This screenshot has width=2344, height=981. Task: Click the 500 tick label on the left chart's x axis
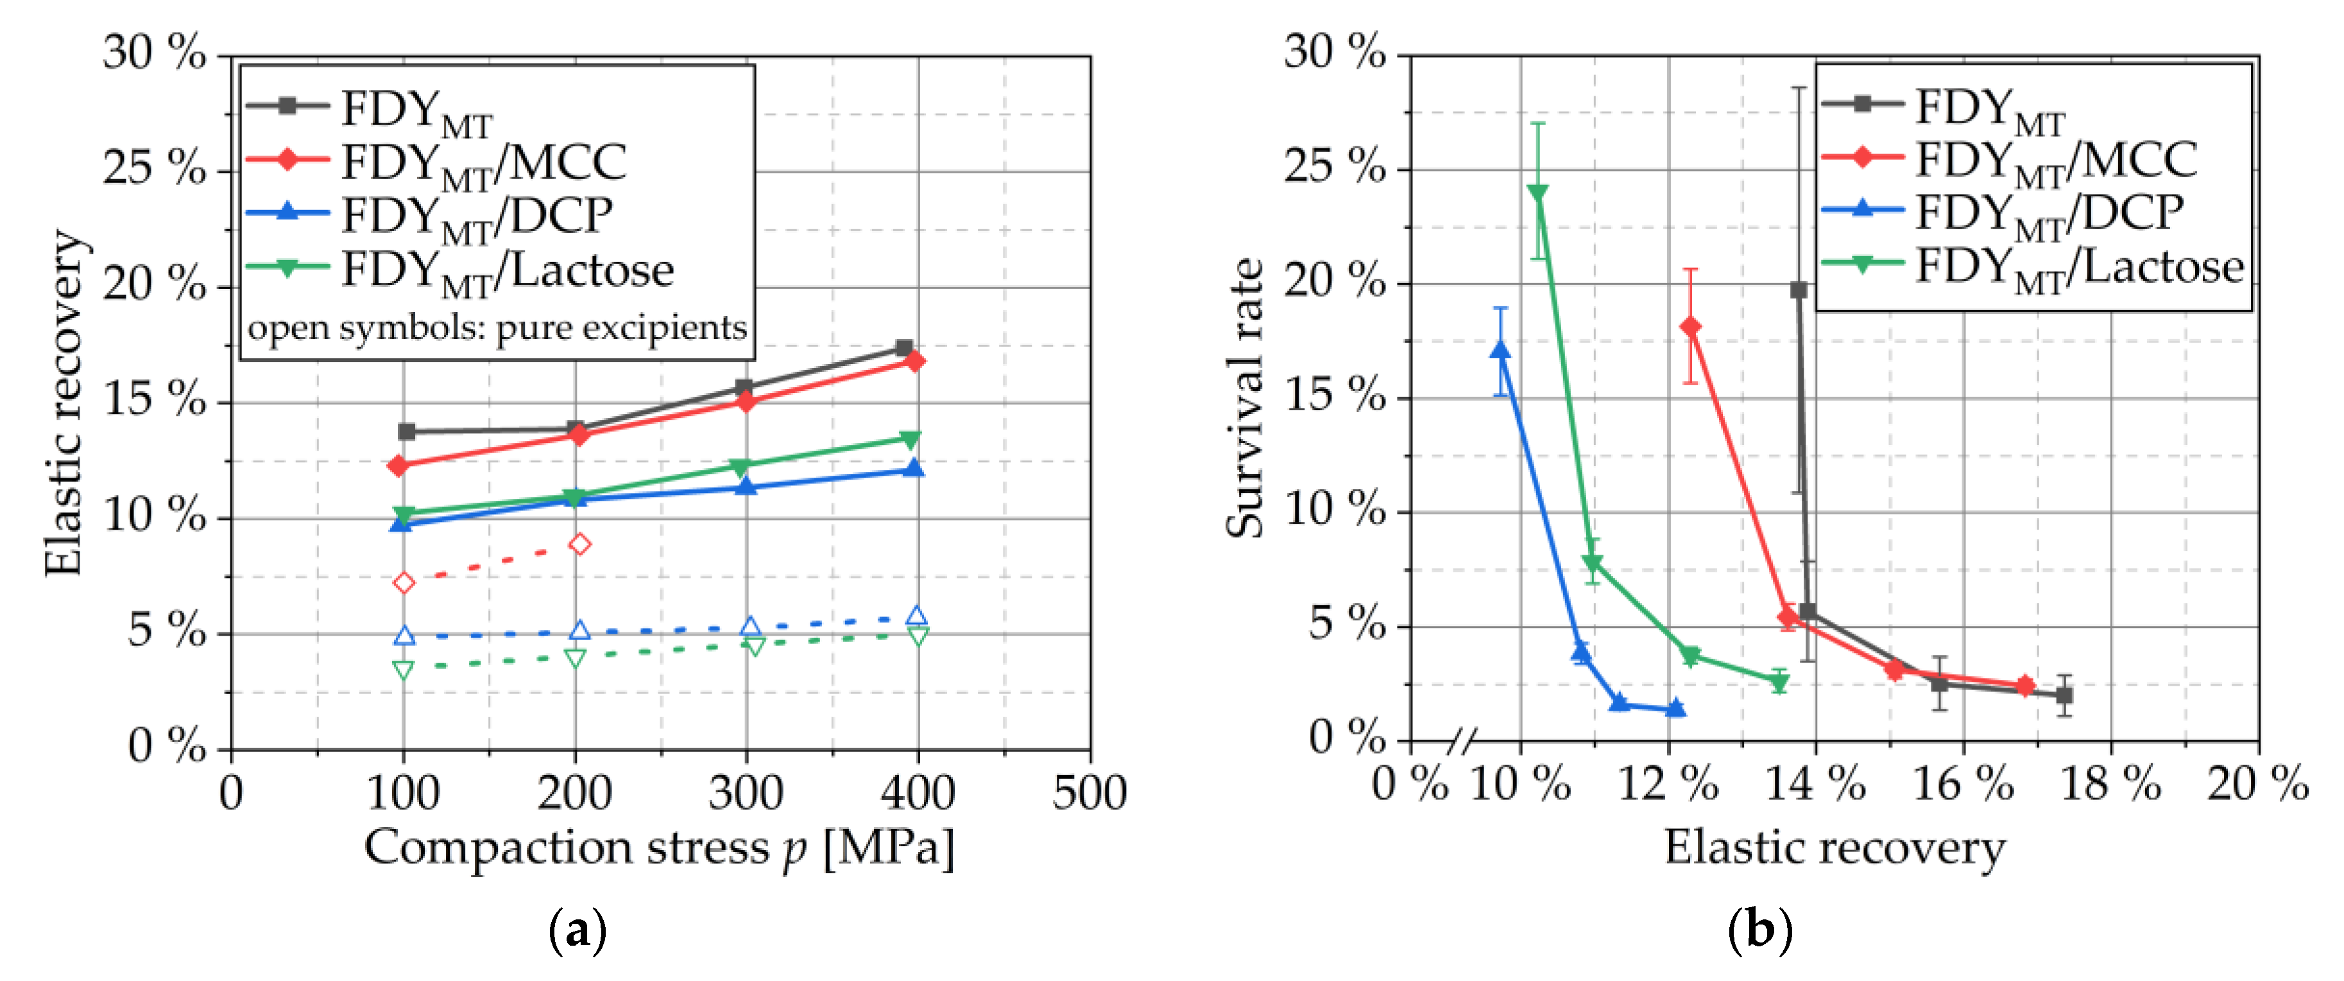coord(1089,792)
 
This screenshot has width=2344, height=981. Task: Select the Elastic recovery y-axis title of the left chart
coord(65,403)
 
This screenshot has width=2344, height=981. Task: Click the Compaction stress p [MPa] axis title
coord(660,848)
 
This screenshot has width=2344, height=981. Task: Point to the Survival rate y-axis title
coord(1245,399)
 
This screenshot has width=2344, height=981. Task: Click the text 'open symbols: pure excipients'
coord(497,327)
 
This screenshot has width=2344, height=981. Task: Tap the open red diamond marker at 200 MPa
coord(579,544)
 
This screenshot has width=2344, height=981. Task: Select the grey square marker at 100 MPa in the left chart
coord(407,431)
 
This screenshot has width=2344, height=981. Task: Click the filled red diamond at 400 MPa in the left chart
coord(916,361)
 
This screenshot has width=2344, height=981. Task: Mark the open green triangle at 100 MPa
coord(403,670)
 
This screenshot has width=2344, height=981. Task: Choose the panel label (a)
coord(577,931)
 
